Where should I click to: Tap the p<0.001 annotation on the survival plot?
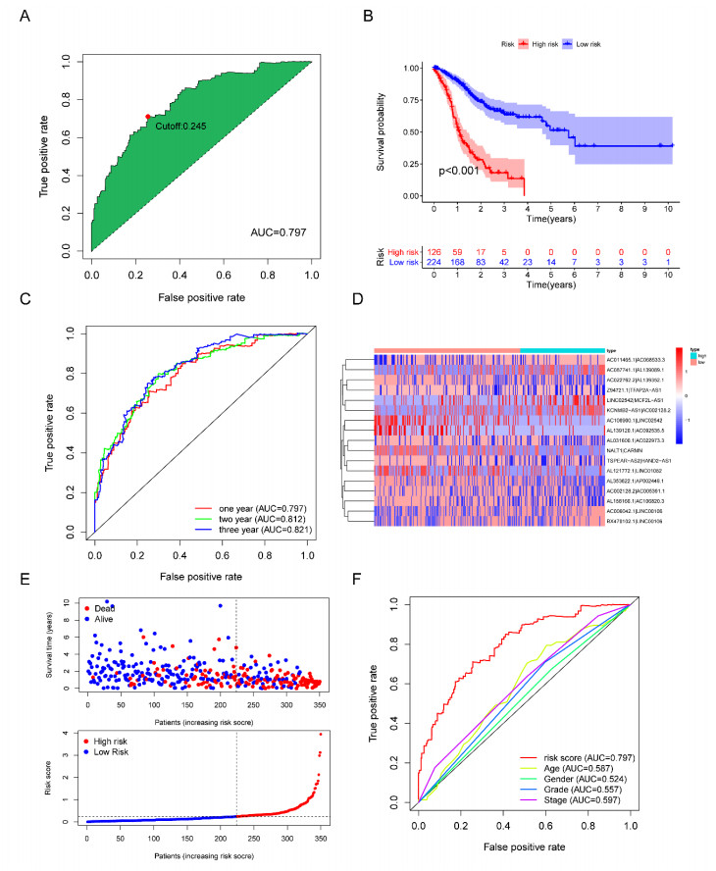pyautogui.click(x=460, y=171)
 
